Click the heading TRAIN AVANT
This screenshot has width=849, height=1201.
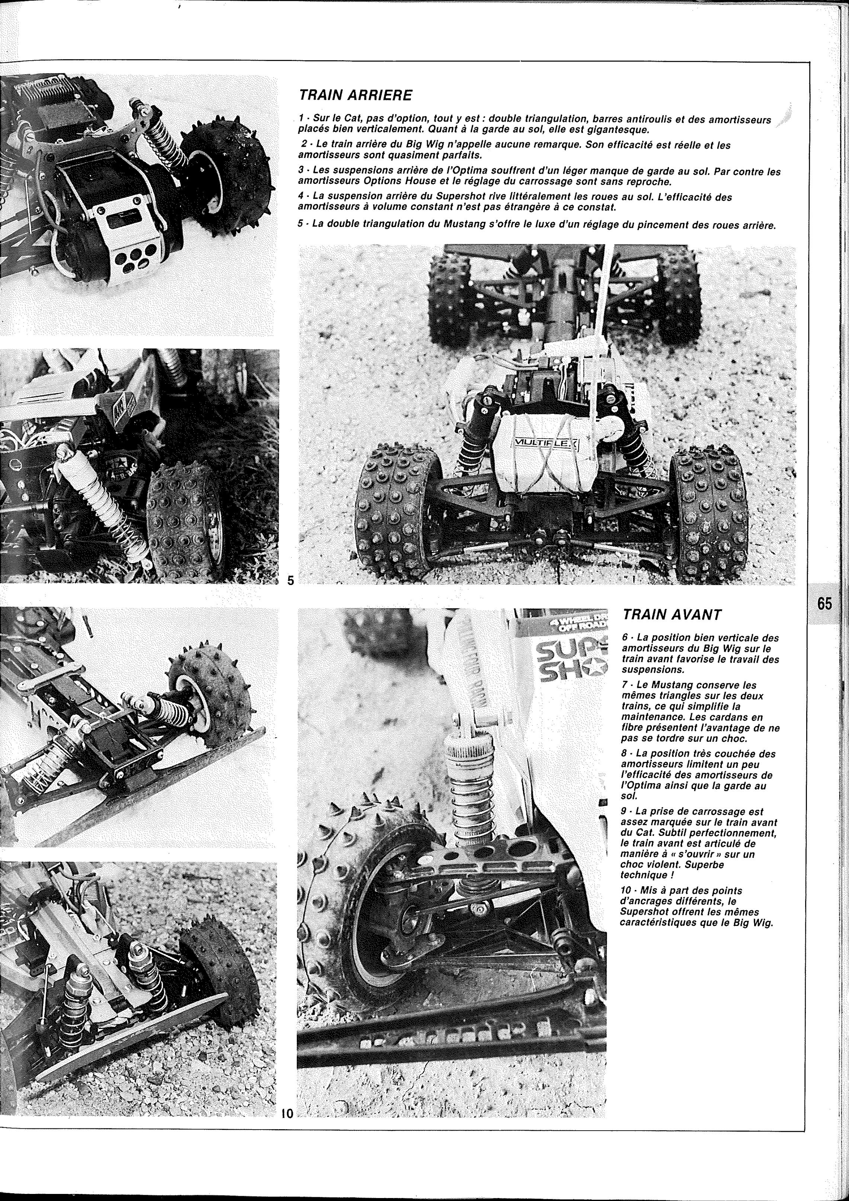click(672, 616)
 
